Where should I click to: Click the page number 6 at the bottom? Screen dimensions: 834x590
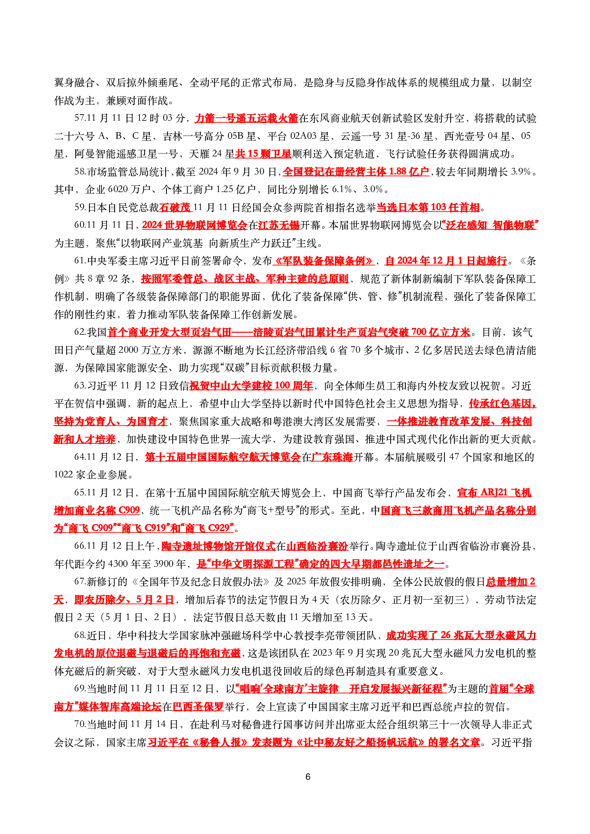307,776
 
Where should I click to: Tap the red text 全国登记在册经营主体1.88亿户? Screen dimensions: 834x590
356,172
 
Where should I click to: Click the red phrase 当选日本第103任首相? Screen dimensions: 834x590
428,207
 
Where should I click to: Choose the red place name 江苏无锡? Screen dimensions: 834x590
278,225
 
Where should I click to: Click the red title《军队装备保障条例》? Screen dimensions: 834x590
324,261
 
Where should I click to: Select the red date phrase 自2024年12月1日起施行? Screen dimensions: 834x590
446,261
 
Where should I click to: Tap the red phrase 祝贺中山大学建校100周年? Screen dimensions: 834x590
251,386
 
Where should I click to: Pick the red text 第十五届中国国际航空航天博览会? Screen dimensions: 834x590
223,457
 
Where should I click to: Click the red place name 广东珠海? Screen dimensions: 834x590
332,457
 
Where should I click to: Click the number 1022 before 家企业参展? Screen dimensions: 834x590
63,475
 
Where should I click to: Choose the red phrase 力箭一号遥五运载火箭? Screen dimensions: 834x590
246,118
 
